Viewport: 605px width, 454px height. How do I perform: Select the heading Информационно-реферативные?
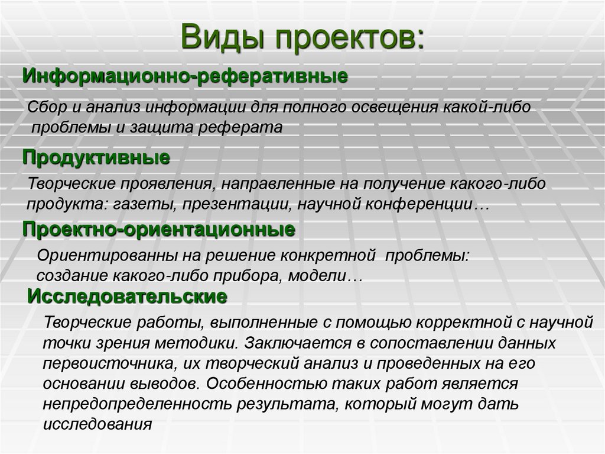tap(185, 76)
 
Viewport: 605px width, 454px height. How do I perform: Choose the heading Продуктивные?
tap(96, 157)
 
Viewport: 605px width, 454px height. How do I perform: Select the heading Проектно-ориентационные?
tap(159, 229)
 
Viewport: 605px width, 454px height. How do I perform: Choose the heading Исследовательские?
tap(128, 296)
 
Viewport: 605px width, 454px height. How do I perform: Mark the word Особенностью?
tap(255, 383)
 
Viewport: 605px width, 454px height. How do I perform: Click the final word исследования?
tap(97, 424)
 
